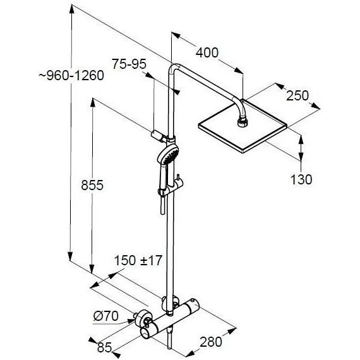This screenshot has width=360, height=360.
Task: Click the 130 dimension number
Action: point(301,179)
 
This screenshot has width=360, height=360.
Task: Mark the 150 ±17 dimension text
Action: point(138,261)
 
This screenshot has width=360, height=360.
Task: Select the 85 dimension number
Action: point(104,346)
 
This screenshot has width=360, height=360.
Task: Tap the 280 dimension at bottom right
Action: point(210,342)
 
